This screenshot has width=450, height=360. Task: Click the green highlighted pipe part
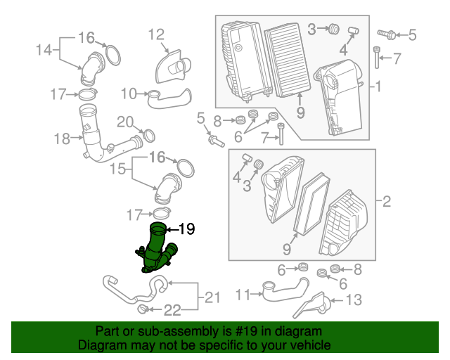[x=155, y=250]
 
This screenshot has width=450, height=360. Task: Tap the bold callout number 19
[x=187, y=229]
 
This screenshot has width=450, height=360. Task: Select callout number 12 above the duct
[x=156, y=34]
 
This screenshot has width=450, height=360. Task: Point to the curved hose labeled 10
[x=169, y=98]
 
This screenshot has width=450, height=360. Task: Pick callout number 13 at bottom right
[x=354, y=300]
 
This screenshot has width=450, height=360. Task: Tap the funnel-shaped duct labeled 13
[x=313, y=305]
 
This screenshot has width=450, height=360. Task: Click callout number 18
[x=62, y=139]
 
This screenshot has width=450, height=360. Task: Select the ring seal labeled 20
[x=149, y=136]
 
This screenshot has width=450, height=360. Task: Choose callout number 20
[x=125, y=122]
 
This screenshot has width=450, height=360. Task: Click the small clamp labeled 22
[x=143, y=309]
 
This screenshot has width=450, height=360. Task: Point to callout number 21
[x=212, y=297]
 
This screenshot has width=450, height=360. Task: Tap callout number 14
[x=44, y=50]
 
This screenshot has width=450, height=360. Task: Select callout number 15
[x=118, y=169]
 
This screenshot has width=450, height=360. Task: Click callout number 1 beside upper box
[x=378, y=86]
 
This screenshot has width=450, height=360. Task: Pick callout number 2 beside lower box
[x=387, y=201]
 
